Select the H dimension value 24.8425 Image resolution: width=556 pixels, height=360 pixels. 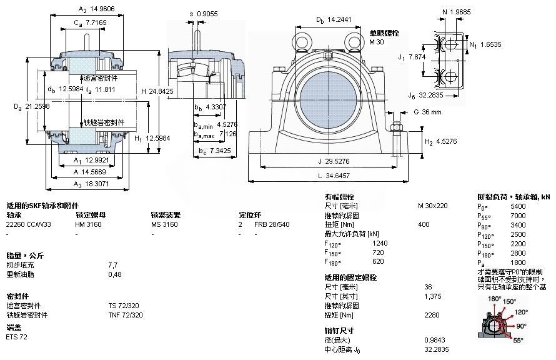click(x=161, y=91)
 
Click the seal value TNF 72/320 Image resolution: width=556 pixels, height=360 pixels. click(x=126, y=315)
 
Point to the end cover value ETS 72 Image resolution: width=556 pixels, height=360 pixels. click(x=17, y=337)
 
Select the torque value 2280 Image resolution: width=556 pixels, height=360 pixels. click(x=431, y=315)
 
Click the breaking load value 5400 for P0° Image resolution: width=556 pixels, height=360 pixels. click(x=518, y=206)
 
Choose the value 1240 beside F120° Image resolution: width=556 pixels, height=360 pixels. click(x=379, y=243)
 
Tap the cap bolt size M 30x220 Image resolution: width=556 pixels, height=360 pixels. click(x=432, y=206)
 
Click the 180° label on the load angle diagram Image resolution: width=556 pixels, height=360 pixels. click(x=494, y=299)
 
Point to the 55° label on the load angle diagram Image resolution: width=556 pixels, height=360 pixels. click(x=518, y=341)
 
